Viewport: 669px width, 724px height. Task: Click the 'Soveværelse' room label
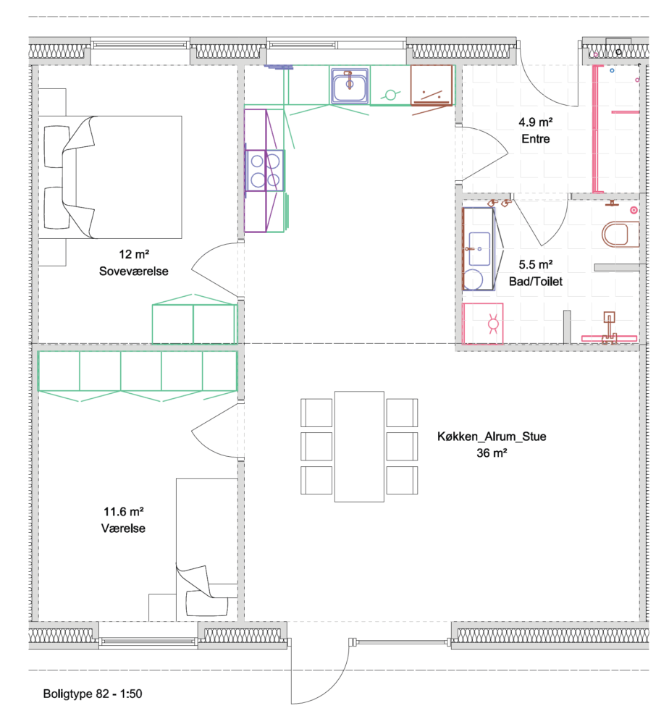pyautogui.click(x=133, y=271)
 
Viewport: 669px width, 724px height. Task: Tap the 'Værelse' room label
pyautogui.click(x=123, y=529)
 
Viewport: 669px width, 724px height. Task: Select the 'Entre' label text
pyautogui.click(x=536, y=138)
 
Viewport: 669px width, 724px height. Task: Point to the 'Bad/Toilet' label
pyautogui.click(x=536, y=281)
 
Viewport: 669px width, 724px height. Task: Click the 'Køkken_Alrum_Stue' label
pyautogui.click(x=492, y=437)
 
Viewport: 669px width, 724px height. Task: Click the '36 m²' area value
pyautogui.click(x=492, y=453)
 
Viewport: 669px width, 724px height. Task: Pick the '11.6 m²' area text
pyautogui.click(x=123, y=512)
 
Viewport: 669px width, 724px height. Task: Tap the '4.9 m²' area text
pyautogui.click(x=536, y=122)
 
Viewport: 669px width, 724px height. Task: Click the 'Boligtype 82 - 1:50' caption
pyautogui.click(x=93, y=694)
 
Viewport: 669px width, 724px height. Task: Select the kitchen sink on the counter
pyautogui.click(x=350, y=85)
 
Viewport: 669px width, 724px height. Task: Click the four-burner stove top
pyautogui.click(x=265, y=170)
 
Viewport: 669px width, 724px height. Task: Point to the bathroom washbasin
pyautogui.click(x=479, y=249)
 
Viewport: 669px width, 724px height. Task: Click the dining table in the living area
pyautogui.click(x=359, y=447)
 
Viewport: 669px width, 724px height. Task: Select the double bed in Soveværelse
pyautogui.click(x=110, y=177)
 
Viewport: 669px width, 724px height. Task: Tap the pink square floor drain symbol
pyautogui.click(x=482, y=324)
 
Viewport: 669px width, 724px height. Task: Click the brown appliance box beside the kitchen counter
pyautogui.click(x=432, y=85)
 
